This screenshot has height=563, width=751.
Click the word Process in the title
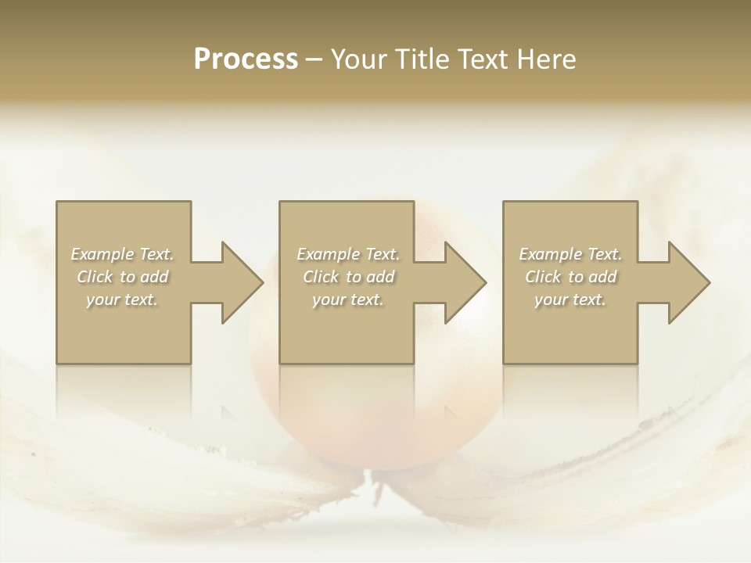click(246, 59)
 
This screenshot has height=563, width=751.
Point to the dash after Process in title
click(314, 60)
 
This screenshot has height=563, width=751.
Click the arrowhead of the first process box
click(239, 282)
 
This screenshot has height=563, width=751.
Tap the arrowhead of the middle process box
click(463, 282)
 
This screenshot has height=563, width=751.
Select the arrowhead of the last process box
click(687, 282)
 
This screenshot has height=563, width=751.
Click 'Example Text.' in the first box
click(122, 254)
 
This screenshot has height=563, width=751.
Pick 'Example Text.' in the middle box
click(348, 254)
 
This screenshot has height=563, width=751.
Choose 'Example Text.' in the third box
click(570, 254)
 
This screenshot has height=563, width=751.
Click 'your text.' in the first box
click(122, 299)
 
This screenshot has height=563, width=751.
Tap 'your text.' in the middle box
click(348, 299)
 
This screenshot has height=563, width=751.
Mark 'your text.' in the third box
click(570, 299)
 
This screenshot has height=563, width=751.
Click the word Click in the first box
click(94, 277)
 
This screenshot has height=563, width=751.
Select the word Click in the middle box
click(320, 277)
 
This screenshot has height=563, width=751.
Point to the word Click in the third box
click(542, 277)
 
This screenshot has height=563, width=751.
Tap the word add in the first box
click(155, 277)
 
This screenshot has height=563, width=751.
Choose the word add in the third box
click(603, 277)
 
